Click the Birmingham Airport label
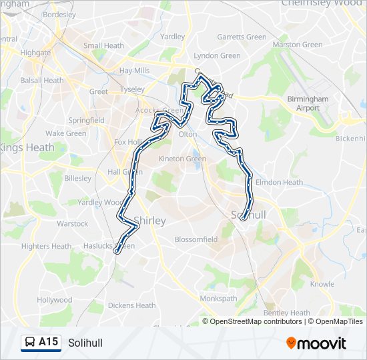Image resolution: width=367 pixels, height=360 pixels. tap(308, 103)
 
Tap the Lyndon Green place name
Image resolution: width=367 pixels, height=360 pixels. tap(217, 56)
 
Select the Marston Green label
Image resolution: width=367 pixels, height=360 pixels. tap(297, 45)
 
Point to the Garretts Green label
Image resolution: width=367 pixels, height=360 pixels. tap(242, 37)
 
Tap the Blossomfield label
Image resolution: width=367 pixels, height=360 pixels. tap(196, 239)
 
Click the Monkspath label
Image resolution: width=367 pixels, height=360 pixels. tap(219, 299)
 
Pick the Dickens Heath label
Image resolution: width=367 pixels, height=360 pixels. tap(131, 306)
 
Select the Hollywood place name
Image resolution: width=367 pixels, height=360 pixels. tap(55, 300)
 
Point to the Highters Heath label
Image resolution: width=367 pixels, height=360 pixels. tap(47, 246)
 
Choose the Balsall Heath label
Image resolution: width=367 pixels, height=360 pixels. tap(42, 81)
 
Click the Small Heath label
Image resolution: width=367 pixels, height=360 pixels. tap(103, 46)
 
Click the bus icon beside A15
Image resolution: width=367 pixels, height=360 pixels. tap(29, 343)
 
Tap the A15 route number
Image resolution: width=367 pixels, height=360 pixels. tap(48, 342)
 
